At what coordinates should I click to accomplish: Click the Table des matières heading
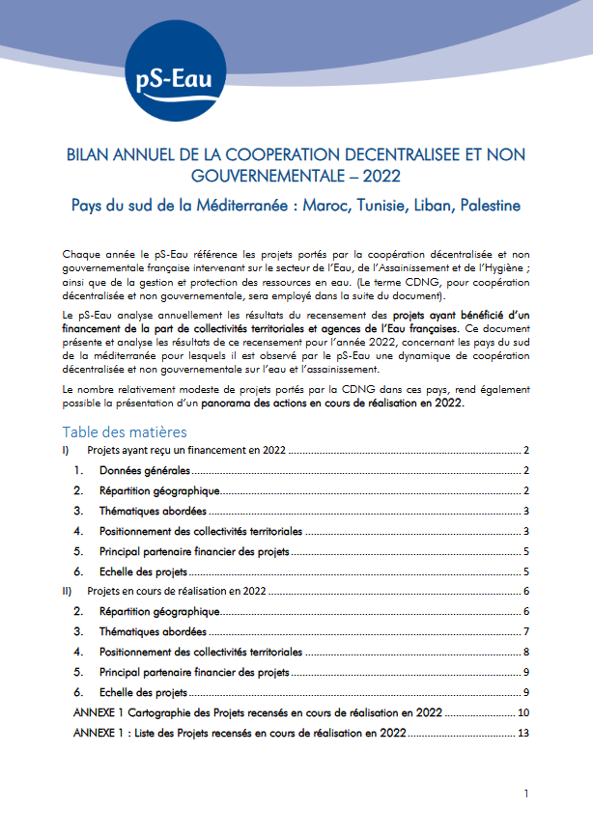pyautogui.click(x=125, y=431)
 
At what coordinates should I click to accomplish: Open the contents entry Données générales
pyautogui.click(x=145, y=470)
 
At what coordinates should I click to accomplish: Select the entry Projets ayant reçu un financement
pyautogui.click(x=184, y=451)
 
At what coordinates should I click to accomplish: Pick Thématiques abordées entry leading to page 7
pyautogui.click(x=153, y=631)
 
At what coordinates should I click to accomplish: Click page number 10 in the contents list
pyautogui.click(x=523, y=712)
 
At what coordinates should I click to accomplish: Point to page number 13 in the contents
pyautogui.click(x=523, y=733)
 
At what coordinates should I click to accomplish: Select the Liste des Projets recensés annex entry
pyautogui.click(x=240, y=733)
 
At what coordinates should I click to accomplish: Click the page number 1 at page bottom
pyautogui.click(x=526, y=793)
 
